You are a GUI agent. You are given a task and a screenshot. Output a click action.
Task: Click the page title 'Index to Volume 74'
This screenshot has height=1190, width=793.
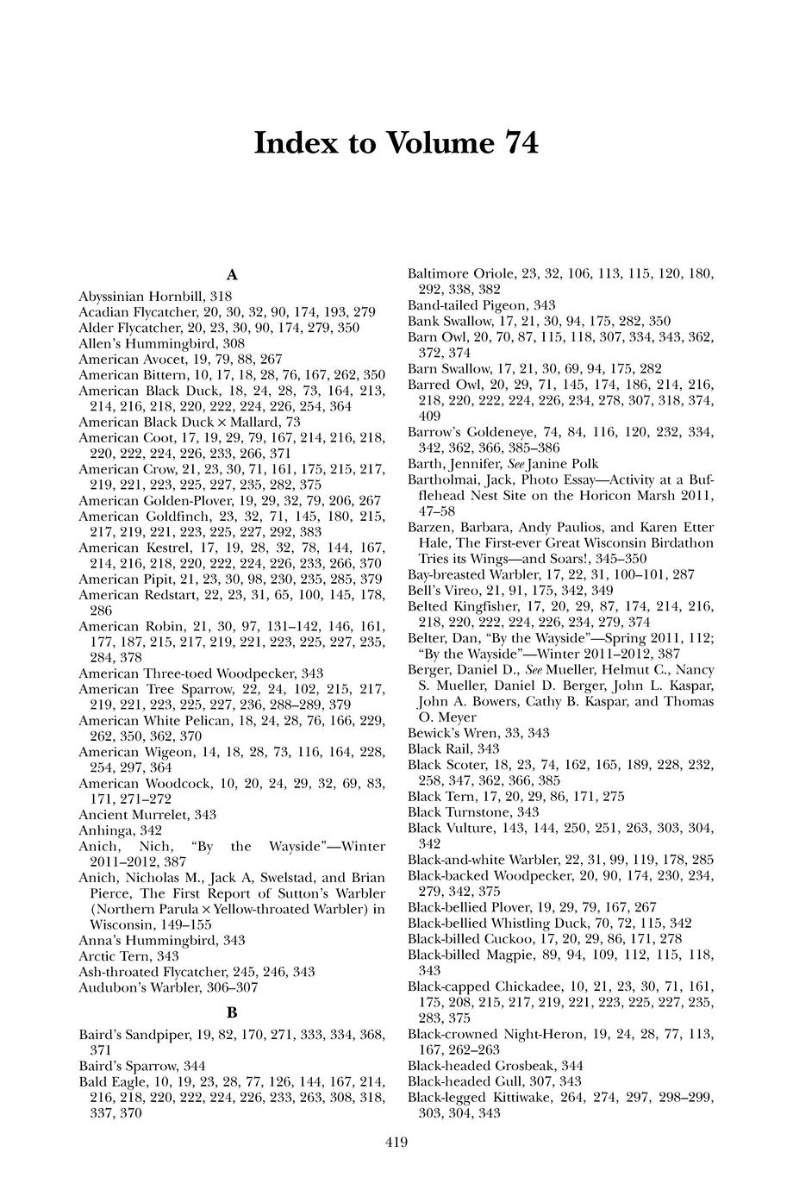(396, 142)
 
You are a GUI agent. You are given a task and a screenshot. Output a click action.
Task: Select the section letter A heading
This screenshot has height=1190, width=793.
(231, 275)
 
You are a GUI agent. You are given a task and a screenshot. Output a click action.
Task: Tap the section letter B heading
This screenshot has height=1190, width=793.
(231, 1012)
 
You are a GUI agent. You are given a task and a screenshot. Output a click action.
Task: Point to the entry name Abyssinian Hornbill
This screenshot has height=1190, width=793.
(137, 296)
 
